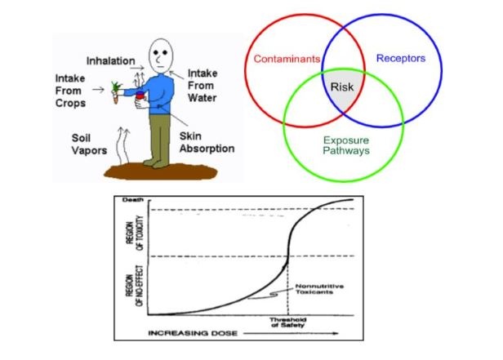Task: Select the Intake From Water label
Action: pos(203,85)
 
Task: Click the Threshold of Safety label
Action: pos(290,325)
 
